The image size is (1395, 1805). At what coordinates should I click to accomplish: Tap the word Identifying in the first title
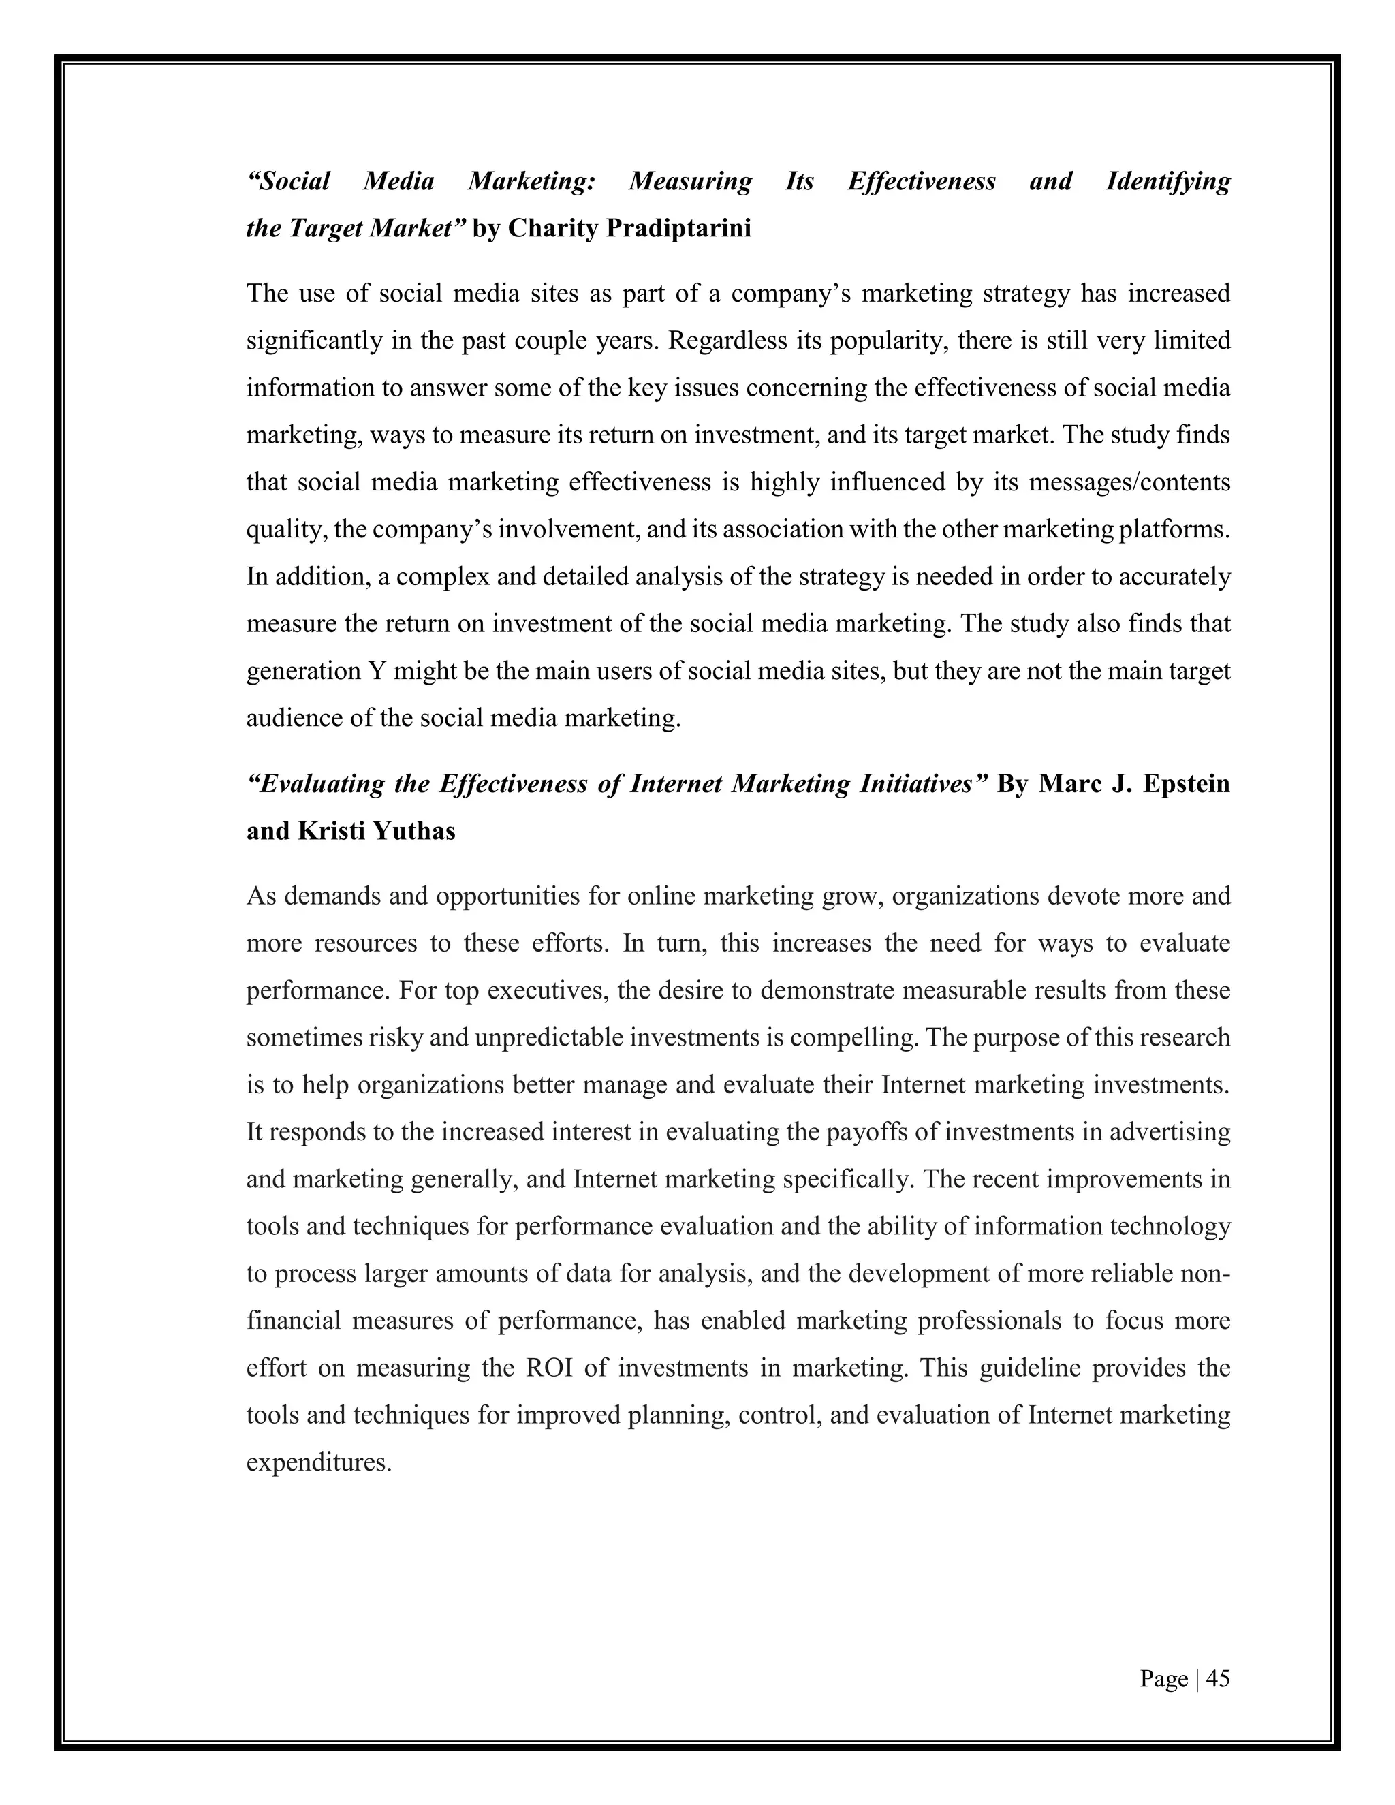[1167, 181]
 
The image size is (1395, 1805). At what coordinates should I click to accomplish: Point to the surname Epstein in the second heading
[1186, 783]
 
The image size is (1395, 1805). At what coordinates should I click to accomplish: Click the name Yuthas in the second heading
[414, 830]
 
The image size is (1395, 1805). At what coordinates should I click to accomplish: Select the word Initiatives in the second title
[923, 783]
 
